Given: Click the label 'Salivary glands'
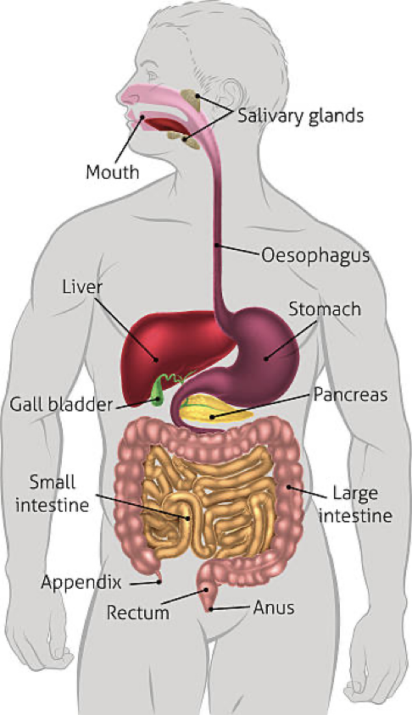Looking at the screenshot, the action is (x=301, y=116).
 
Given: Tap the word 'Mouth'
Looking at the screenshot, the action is (x=113, y=172).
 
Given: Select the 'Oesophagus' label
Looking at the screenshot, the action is (x=315, y=256).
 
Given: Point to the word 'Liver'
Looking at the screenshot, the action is (x=82, y=287).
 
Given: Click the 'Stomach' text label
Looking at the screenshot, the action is (x=325, y=309).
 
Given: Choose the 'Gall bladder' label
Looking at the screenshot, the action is (x=61, y=404).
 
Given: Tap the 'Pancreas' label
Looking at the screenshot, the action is (x=350, y=395).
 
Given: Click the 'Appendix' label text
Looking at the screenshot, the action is (x=81, y=582).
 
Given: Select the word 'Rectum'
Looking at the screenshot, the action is (x=138, y=612).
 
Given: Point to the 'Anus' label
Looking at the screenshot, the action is (x=274, y=607).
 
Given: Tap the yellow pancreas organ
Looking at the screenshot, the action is (x=214, y=409).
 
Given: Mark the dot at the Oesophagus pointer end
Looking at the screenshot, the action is (x=217, y=246).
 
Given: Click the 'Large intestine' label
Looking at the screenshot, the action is (x=355, y=504).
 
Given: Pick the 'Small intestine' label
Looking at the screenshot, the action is (x=52, y=493).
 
